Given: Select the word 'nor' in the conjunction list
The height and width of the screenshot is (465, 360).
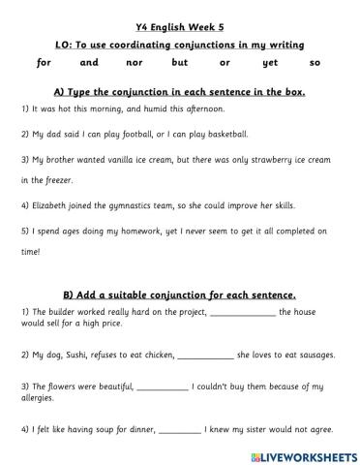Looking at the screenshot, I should click(135, 63).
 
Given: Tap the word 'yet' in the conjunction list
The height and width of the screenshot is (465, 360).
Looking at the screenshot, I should click(270, 63).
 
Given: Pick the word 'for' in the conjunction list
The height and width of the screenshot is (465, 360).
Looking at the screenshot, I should click(44, 63).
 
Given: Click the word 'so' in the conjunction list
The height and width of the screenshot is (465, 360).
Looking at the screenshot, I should click(315, 63).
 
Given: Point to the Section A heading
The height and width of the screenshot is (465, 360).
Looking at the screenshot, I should click(179, 91).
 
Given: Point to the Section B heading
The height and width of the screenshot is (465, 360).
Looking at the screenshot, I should click(179, 294).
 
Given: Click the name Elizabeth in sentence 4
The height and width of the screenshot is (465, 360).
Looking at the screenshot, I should click(45, 205).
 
